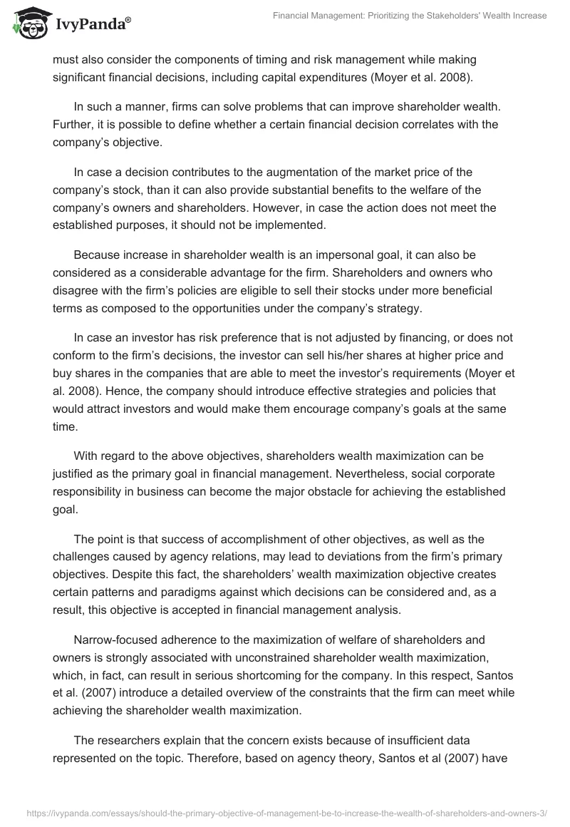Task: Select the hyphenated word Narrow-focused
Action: (115, 625)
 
